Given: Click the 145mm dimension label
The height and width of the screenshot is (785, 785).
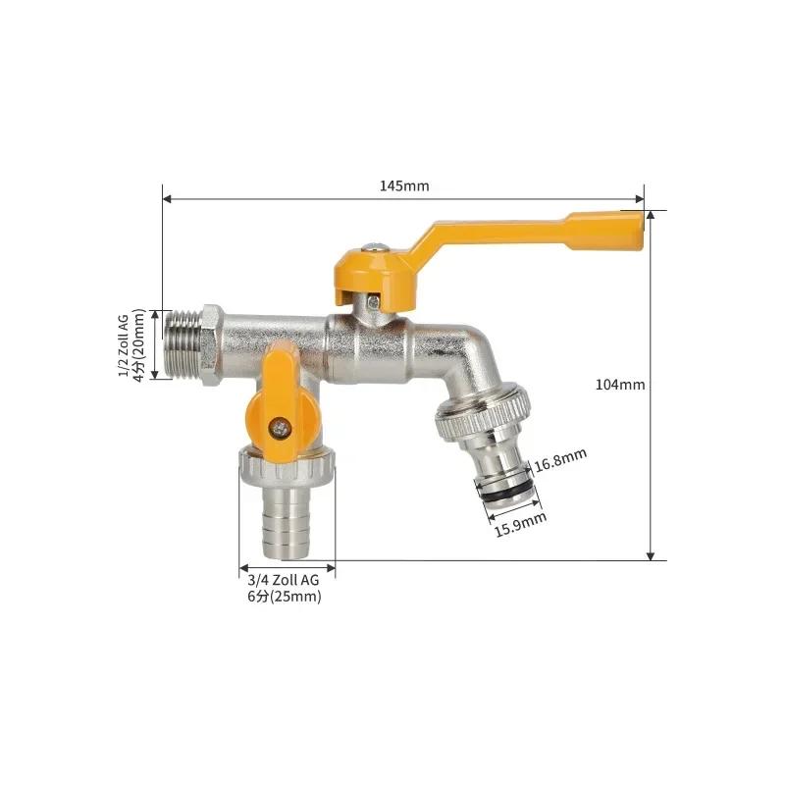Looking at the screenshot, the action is pos(404,186).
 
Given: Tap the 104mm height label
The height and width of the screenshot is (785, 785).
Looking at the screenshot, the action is pos(620,385).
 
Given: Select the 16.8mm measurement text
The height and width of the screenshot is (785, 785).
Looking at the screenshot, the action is pos(560,460).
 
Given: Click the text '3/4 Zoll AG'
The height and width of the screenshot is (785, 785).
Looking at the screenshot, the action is pos(284,580).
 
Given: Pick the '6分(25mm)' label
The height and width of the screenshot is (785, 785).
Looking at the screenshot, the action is pos(285,597).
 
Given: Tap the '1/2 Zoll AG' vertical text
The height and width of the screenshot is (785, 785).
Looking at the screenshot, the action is pos(124,345).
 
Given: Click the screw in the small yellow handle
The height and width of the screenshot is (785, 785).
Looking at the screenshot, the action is pos(280,428).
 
